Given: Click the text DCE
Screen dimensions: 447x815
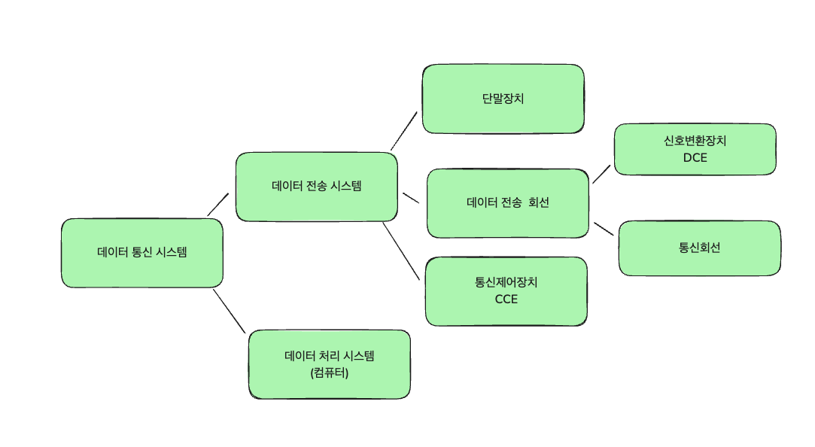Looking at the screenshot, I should pos(695,158).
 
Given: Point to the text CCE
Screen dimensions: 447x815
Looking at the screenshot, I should pos(506,300).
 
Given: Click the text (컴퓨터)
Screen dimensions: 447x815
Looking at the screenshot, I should pos(329,372).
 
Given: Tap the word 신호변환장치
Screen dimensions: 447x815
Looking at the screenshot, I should pos(695,141).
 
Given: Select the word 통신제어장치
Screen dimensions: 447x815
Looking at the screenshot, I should pos(506,283).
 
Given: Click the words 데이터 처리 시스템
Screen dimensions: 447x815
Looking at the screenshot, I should pos(329,356).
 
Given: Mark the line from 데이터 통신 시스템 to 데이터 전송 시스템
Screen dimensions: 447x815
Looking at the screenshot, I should pos(217,204).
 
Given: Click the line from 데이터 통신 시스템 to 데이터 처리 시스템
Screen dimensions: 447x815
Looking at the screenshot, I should pos(229,310).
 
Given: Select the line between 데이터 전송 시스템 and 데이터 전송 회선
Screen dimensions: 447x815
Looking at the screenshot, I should pos(410,198).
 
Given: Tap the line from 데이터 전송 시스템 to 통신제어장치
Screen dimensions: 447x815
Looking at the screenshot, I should pos(400,251).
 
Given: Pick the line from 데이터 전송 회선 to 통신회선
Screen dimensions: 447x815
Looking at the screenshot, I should pos(604,229).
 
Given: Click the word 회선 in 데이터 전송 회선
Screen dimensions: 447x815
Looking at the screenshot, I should pos(539,202).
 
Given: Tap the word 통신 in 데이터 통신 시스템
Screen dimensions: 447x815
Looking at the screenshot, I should pos(141,253).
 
